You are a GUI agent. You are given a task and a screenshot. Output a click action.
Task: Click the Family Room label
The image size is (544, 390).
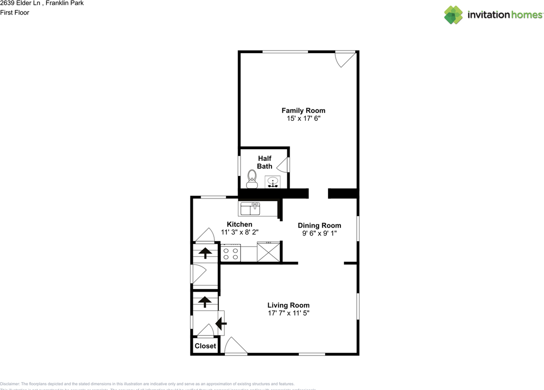(303, 111)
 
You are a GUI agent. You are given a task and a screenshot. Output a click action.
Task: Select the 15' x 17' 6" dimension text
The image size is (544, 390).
(303, 119)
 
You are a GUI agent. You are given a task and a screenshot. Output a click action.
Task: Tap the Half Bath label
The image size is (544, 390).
(264, 162)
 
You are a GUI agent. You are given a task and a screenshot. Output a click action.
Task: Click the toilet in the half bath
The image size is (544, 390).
(252, 179)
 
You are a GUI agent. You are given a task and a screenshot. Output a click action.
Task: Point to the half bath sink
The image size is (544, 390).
(272, 182)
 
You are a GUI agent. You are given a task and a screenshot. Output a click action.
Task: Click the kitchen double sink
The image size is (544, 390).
(250, 209)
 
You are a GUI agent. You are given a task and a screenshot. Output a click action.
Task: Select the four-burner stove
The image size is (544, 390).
(231, 253)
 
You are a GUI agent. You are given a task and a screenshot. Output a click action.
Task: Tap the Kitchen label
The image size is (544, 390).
(239, 224)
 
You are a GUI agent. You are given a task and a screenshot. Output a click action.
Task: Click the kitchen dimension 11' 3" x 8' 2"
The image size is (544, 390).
(240, 232)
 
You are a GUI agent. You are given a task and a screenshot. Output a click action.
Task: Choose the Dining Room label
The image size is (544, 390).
(319, 225)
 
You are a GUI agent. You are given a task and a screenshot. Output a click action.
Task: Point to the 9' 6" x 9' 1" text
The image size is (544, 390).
(319, 233)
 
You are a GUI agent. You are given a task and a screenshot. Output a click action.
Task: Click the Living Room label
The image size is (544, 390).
(288, 305)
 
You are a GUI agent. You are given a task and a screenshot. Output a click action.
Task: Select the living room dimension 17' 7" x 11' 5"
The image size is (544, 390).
(288, 313)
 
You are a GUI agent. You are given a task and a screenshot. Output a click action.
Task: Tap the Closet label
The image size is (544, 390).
(205, 346)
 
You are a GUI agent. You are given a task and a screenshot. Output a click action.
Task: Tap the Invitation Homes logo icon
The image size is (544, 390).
(453, 15)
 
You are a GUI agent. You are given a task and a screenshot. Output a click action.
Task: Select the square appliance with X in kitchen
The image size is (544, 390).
(269, 252)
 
